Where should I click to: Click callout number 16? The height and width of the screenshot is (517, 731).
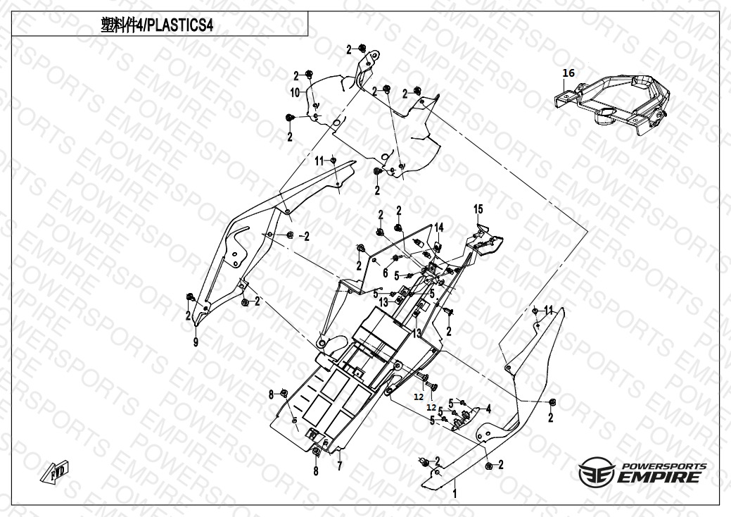click(568, 73)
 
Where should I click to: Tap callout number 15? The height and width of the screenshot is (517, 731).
click(478, 208)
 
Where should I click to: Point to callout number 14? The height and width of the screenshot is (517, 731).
click(438, 227)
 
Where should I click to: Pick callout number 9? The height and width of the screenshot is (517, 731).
click(196, 342)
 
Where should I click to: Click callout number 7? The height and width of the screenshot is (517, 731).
click(339, 466)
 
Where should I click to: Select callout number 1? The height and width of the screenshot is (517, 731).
click(455, 494)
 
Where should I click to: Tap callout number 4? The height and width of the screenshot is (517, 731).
click(488, 409)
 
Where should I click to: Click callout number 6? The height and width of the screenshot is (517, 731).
click(386, 272)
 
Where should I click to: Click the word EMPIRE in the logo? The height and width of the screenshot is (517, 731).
click(659, 477)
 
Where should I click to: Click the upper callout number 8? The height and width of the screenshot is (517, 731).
click(270, 395)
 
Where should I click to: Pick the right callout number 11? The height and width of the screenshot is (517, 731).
click(549, 309)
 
